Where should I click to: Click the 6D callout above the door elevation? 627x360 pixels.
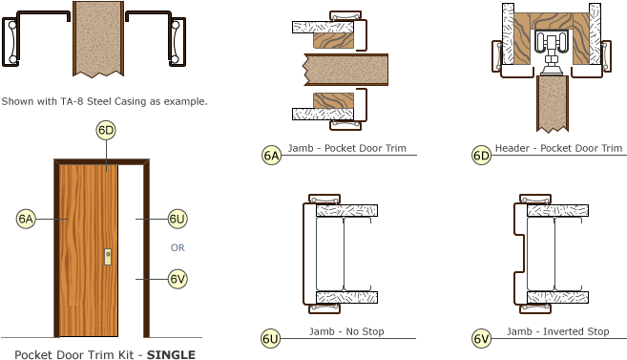106,130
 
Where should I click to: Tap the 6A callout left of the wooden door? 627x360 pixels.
26,219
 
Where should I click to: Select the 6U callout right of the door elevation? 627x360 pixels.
178,219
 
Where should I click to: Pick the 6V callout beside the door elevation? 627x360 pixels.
178,279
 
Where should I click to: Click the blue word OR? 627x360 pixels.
178,247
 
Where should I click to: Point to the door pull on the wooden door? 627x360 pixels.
109,257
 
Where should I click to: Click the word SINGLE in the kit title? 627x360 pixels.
172,354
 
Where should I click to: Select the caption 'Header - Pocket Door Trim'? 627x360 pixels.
559,148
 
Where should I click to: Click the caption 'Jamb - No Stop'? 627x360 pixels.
346,331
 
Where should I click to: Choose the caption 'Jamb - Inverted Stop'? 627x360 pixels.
557,331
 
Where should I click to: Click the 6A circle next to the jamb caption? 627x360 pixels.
271,155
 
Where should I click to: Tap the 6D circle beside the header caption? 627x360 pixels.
482,155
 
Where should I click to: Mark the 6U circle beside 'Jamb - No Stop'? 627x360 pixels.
271,338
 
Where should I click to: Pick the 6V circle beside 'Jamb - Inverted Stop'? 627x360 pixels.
482,338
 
